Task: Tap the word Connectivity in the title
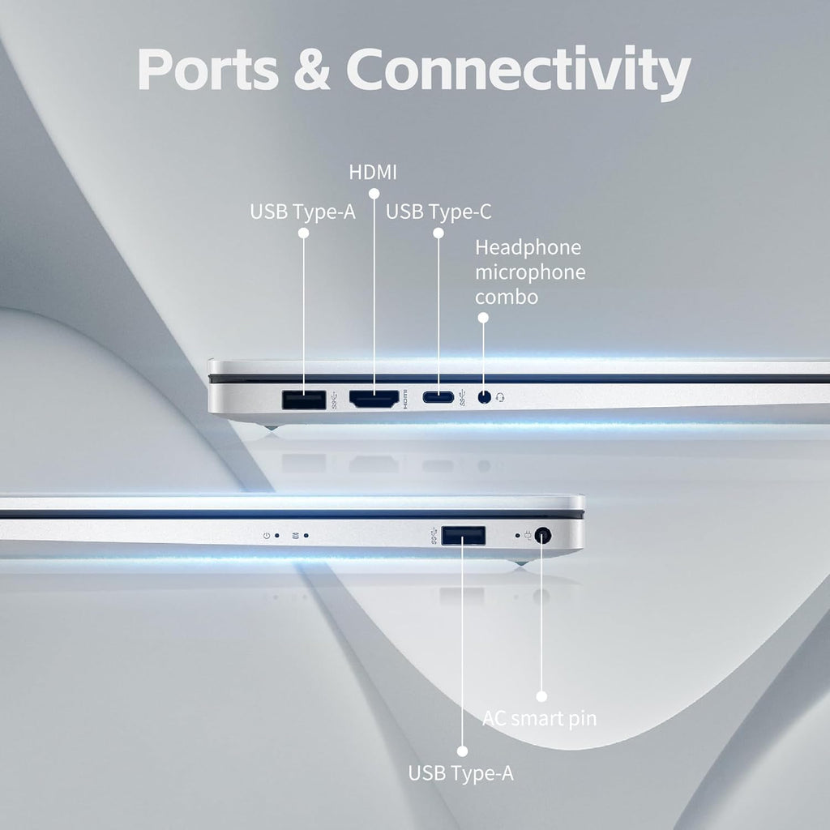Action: (519, 71)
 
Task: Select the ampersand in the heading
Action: (311, 71)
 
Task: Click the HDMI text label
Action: (373, 172)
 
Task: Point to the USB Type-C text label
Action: (439, 212)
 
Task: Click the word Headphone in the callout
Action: (528, 247)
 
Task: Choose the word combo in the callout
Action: (507, 297)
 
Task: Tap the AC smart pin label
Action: (539, 718)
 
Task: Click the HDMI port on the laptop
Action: (374, 398)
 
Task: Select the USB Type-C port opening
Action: (438, 398)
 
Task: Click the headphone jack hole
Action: (484, 398)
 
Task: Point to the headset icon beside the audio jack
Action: (501, 398)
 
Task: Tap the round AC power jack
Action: (542, 535)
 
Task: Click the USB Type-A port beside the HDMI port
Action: (304, 399)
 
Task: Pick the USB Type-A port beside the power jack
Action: (464, 535)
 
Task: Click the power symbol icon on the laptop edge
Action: (267, 535)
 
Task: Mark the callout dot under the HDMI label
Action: (374, 194)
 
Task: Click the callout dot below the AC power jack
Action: (541, 695)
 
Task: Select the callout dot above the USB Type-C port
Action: (439, 233)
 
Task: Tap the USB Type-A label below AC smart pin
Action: (460, 773)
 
